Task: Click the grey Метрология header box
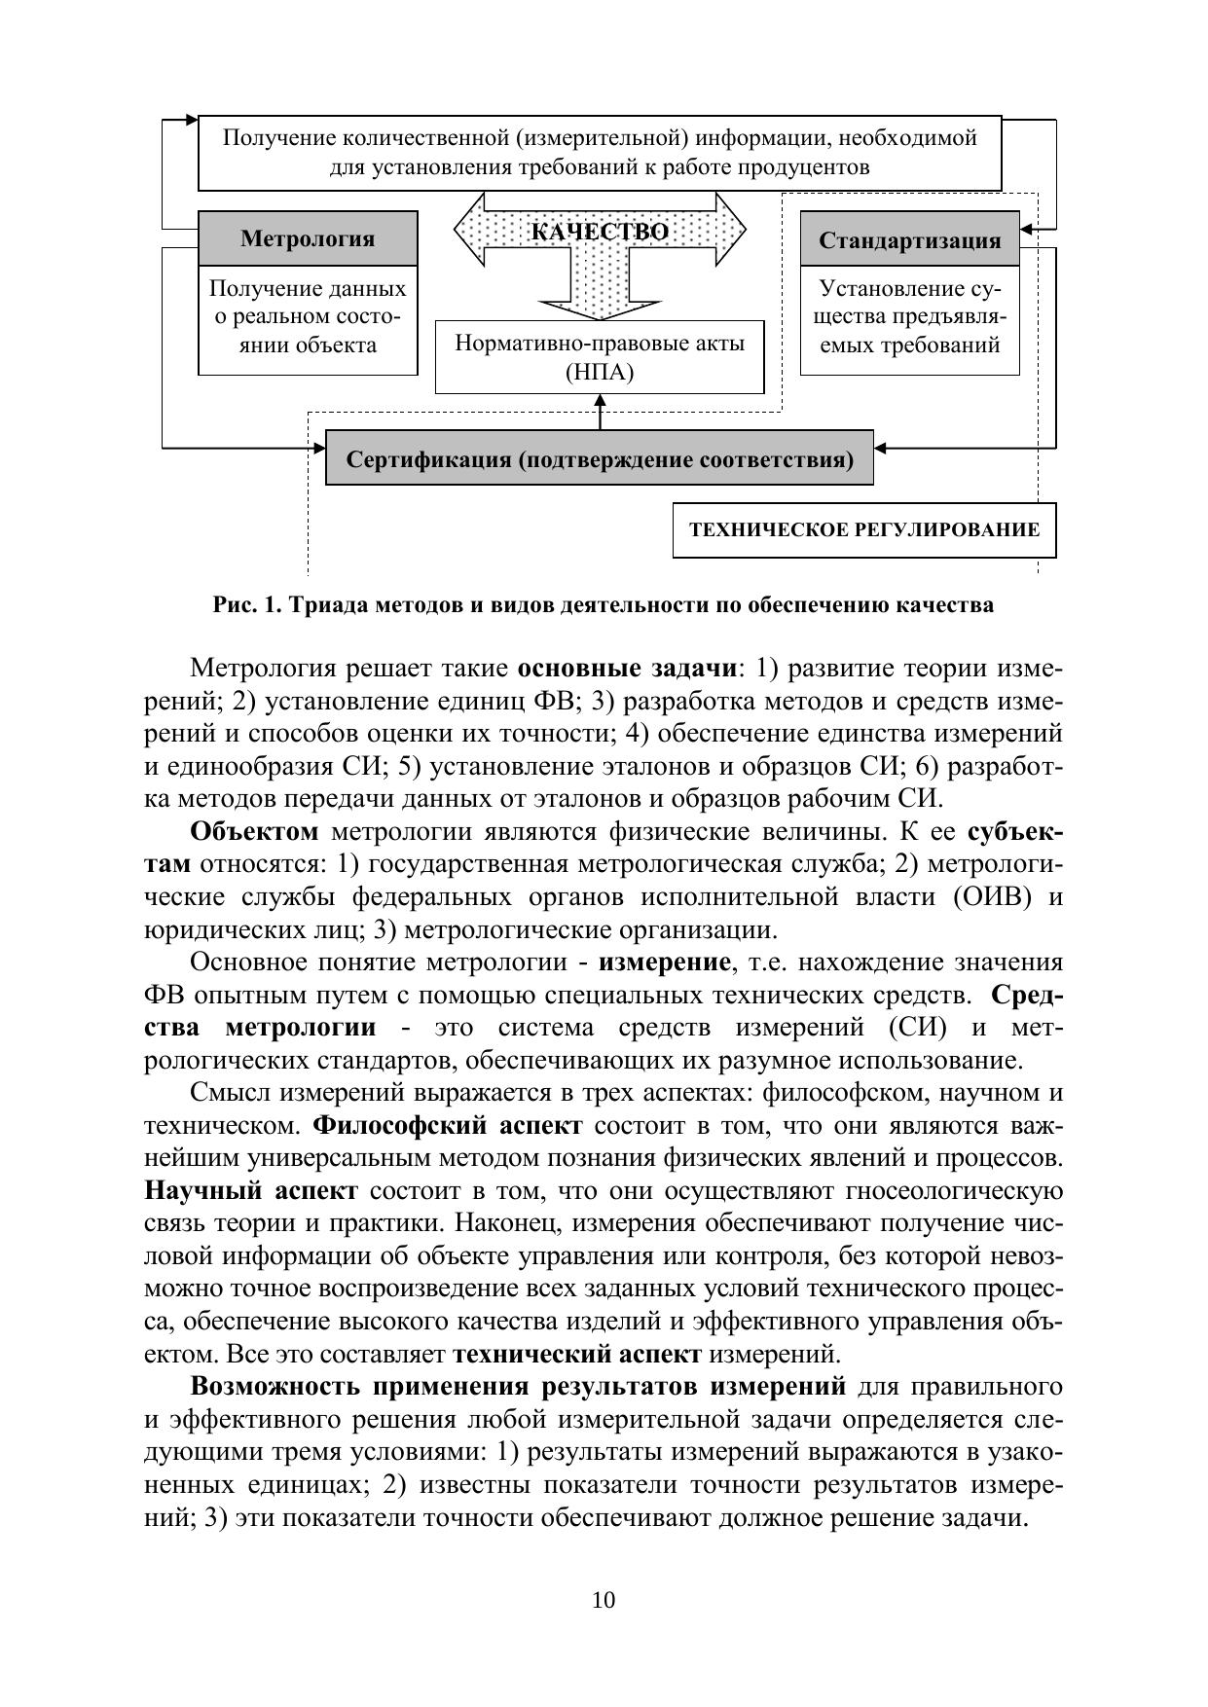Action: pyautogui.click(x=308, y=238)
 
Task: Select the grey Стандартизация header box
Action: pyautogui.click(x=909, y=239)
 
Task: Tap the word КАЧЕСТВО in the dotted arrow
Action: pyautogui.click(x=600, y=232)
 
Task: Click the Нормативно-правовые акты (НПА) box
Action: pyautogui.click(x=600, y=357)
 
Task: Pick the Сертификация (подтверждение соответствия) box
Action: pyautogui.click(x=600, y=458)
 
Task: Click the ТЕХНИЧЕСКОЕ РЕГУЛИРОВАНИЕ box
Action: pyautogui.click(x=864, y=530)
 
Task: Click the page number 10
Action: pyautogui.click(x=604, y=1600)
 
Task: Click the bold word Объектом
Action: pyautogui.click(x=254, y=832)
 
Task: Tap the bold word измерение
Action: pyautogui.click(x=664, y=962)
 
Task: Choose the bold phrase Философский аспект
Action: pyautogui.click(x=448, y=1126)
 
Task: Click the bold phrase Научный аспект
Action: pyautogui.click(x=251, y=1191)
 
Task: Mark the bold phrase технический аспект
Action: pyautogui.click(x=577, y=1354)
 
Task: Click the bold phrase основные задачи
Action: pyautogui.click(x=627, y=669)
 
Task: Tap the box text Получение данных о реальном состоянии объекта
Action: pyautogui.click(x=308, y=317)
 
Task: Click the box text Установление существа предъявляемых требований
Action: pyautogui.click(x=909, y=317)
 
